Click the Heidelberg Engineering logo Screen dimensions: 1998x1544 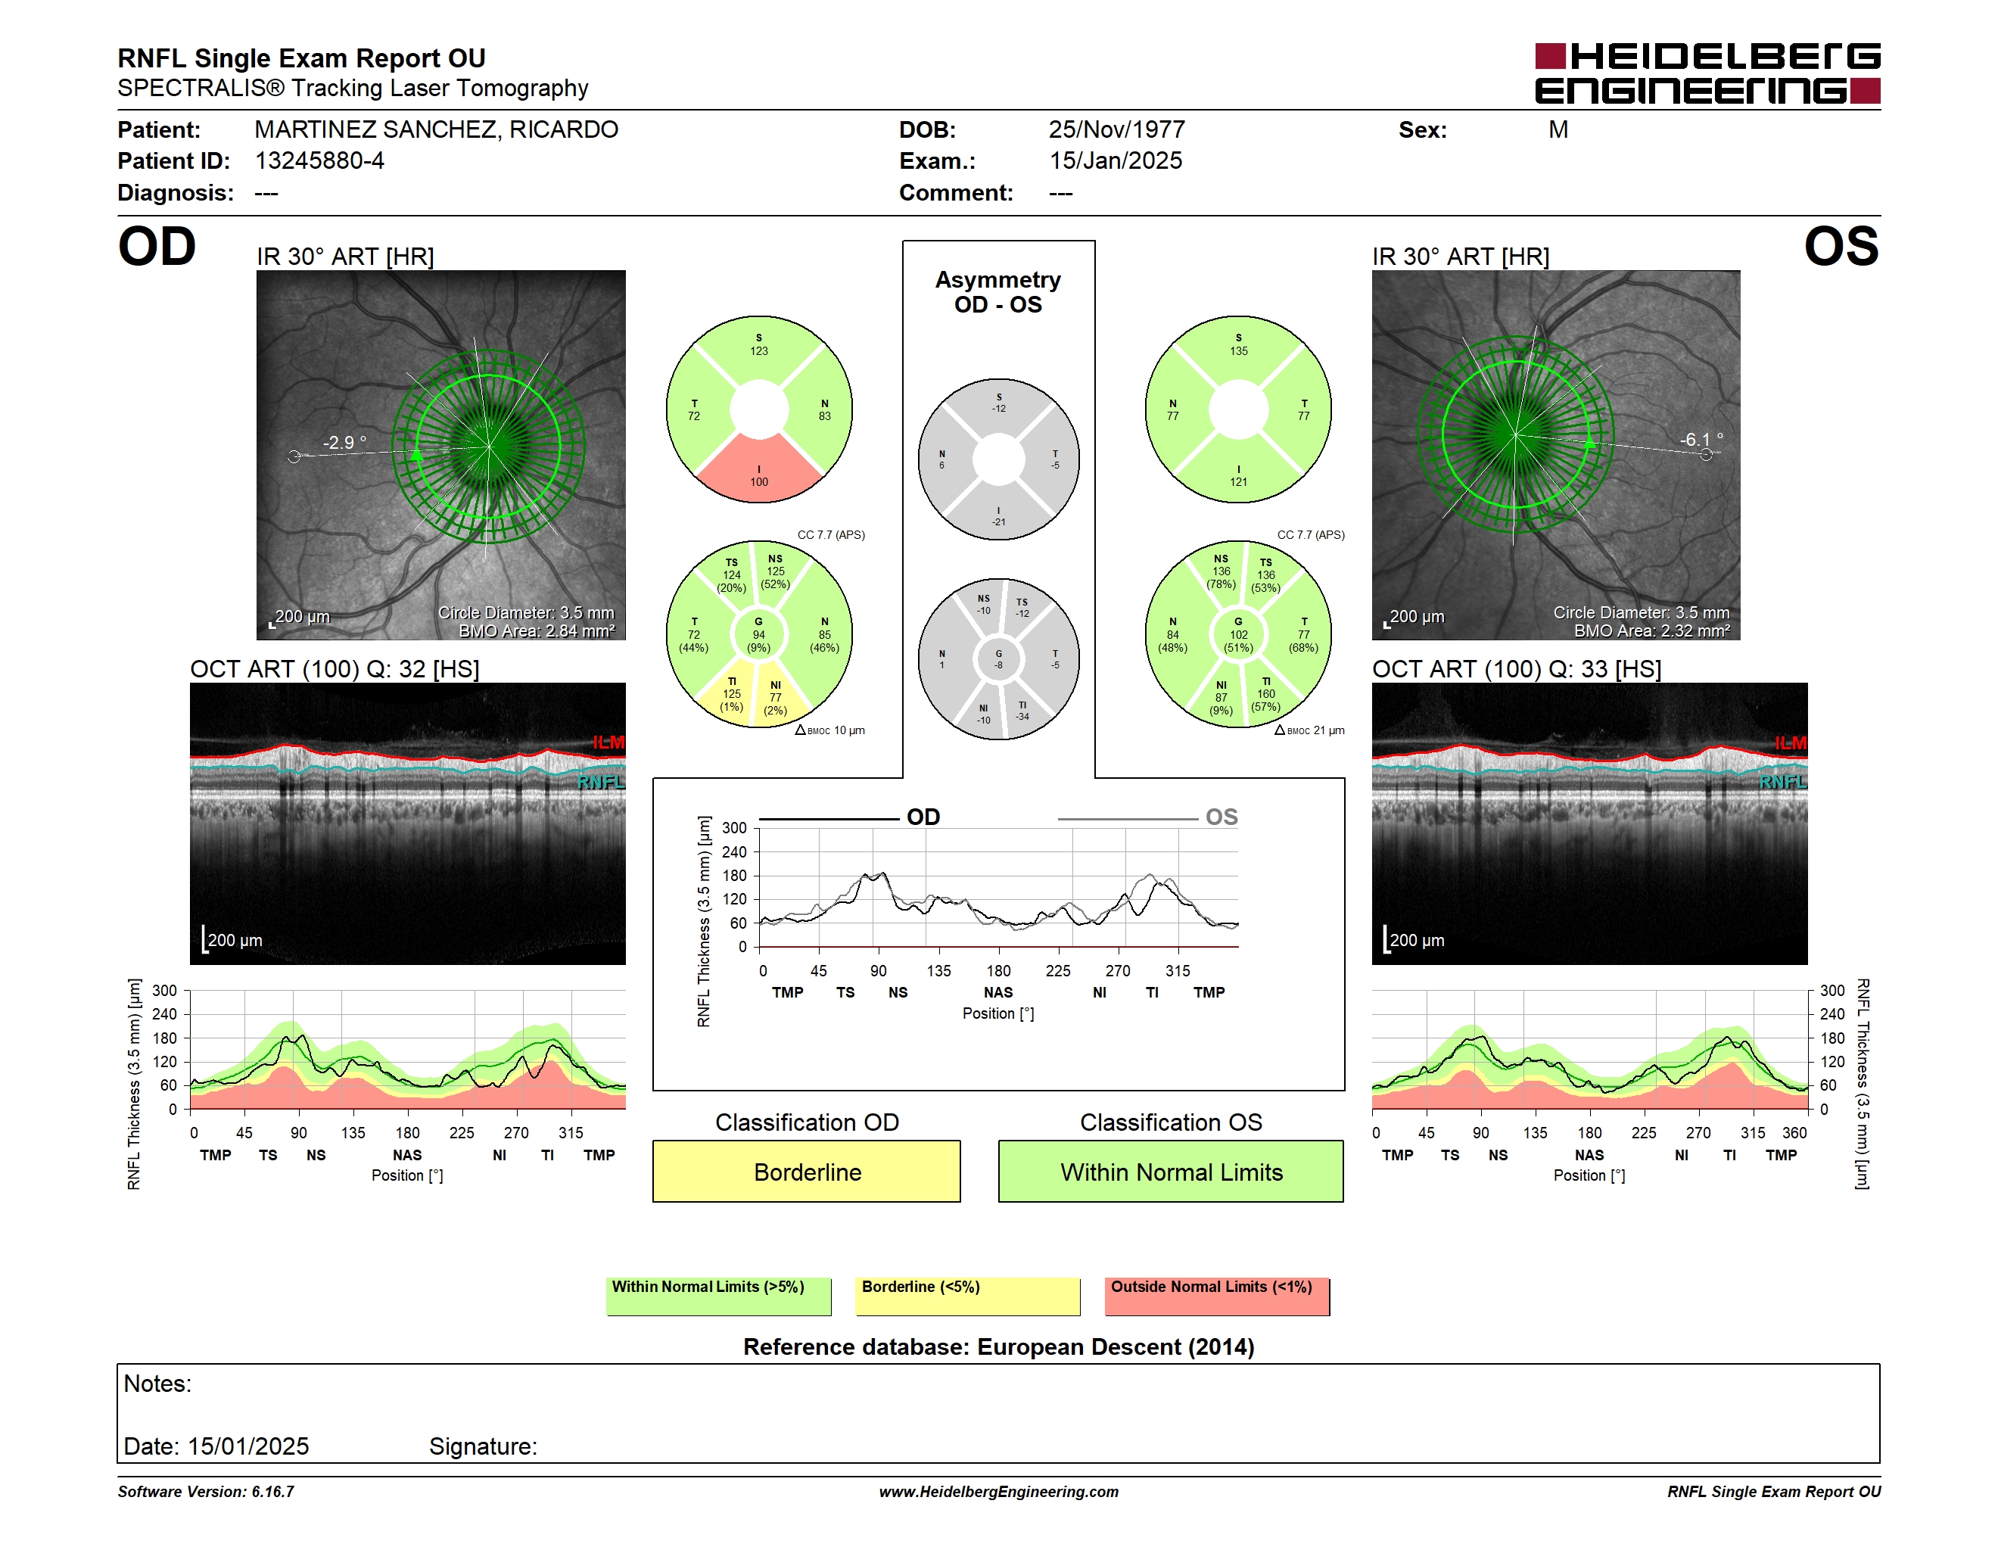coord(1707,73)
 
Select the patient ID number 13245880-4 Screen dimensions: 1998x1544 coord(319,161)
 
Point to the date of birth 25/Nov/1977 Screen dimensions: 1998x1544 coord(1116,130)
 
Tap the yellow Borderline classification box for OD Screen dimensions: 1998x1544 coord(806,1171)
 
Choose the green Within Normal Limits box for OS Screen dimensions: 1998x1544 coord(1171,1171)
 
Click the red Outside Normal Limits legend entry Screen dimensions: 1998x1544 coord(1217,1296)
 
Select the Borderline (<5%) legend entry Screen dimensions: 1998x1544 coord(968,1296)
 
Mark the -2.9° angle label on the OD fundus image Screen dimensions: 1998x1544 coord(344,443)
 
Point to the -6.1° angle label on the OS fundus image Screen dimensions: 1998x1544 coord(1701,440)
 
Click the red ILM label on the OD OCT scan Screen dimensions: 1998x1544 coord(608,742)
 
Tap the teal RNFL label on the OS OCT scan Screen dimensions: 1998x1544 coord(1783,782)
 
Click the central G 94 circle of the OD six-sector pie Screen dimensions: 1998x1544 coord(758,634)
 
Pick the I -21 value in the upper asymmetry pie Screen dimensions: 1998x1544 coord(999,517)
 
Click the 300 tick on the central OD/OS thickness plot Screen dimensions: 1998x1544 coord(735,828)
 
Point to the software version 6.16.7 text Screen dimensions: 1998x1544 coord(206,1492)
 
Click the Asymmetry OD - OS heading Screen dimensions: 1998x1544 coord(998,292)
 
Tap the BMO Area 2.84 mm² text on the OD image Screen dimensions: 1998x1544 coord(537,631)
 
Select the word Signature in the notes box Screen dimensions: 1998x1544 coord(483,1446)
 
